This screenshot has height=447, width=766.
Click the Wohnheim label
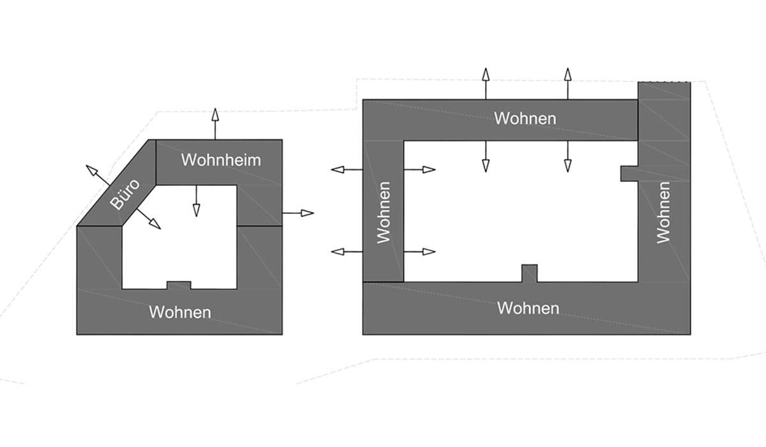click(221, 160)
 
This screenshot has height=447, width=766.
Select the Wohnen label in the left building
click(179, 312)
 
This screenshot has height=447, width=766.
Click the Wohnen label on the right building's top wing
click(525, 118)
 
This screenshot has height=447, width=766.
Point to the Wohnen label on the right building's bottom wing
click(528, 308)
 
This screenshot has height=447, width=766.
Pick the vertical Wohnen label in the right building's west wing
click(383, 213)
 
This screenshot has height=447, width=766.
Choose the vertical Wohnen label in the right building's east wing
click(664, 213)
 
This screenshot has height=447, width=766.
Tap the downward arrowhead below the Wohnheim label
click(196, 209)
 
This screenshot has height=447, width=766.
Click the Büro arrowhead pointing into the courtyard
click(154, 223)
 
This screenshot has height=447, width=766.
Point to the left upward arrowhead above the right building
click(485, 73)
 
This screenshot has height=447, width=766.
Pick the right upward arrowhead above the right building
click(567, 73)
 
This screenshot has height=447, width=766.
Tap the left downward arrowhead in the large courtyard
click(485, 165)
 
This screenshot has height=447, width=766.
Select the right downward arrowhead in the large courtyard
click(567, 165)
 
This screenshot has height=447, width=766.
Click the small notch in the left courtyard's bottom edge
click(179, 285)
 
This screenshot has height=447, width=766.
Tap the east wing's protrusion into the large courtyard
click(629, 173)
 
